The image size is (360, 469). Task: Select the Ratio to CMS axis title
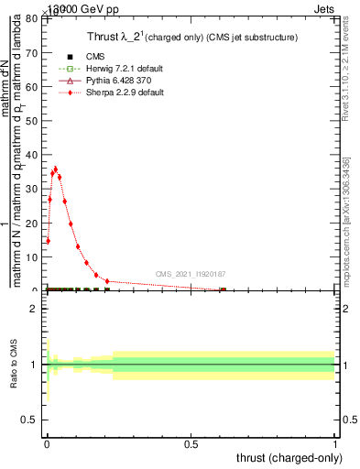[14, 365]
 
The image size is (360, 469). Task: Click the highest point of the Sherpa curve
[55, 169]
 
